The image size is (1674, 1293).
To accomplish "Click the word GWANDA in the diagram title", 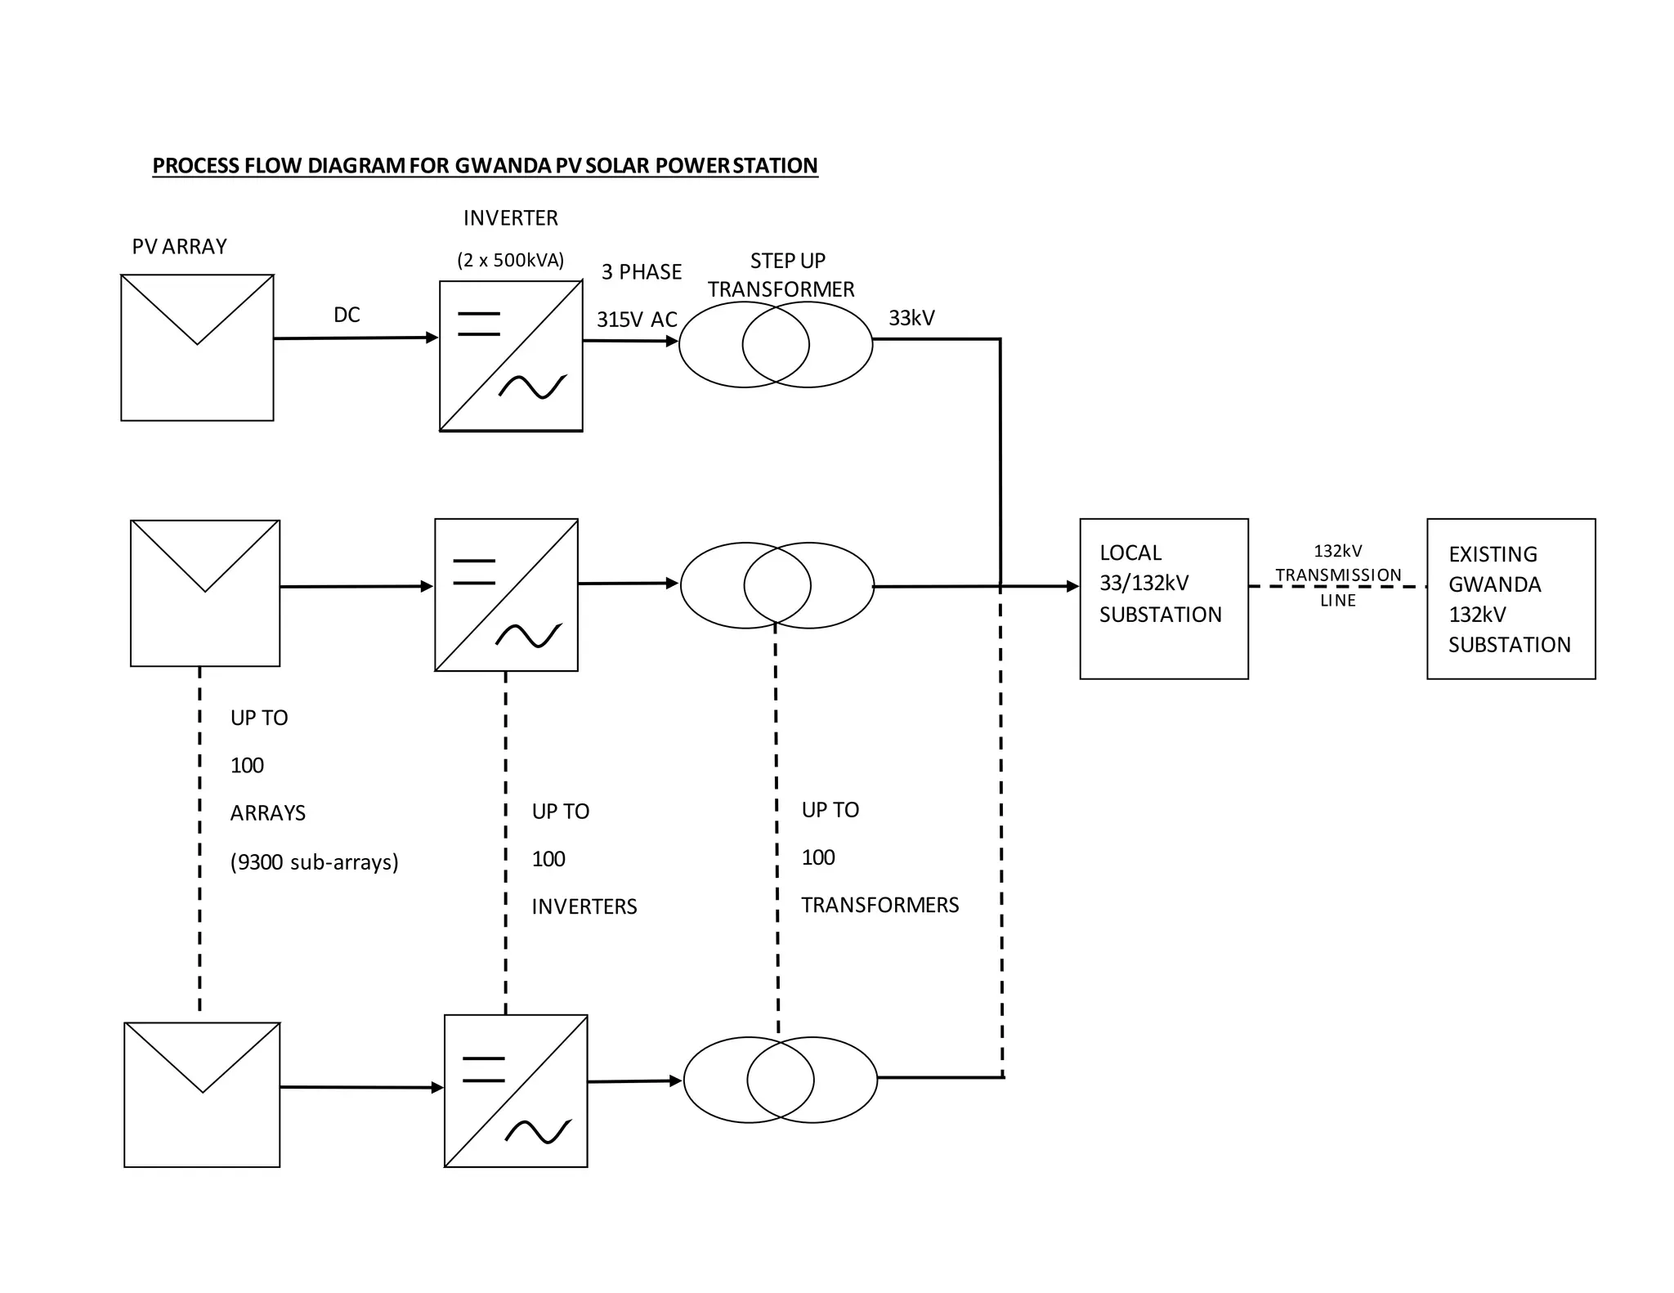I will pos(502,166).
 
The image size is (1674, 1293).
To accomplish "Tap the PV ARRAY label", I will pos(179,247).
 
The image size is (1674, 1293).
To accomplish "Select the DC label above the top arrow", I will pos(347,315).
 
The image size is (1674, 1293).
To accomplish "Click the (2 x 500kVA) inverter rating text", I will pos(510,261).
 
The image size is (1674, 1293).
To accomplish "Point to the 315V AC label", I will pos(637,320).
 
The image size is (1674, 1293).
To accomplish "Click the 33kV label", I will pos(911,318).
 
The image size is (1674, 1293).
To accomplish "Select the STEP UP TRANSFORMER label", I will pos(781,275).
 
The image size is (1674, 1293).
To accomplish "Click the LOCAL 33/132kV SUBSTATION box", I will pos(1163,598).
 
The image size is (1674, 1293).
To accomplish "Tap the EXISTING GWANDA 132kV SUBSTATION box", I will pos(1511,598).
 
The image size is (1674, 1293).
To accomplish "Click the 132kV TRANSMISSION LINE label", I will pos(1338,575).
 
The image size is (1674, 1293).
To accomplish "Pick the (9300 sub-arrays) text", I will pos(315,862).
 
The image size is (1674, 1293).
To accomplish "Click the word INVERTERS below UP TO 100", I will pos(584,907).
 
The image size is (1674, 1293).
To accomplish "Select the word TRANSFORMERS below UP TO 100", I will pos(880,906).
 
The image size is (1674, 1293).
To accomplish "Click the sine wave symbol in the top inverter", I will pos(533,387).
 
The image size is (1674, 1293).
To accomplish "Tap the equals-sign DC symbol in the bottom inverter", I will pos(483,1069).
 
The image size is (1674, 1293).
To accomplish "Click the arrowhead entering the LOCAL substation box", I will pos(1072,586).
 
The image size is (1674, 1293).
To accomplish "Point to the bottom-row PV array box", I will pos(202,1094).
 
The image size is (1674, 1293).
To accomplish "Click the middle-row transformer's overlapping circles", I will pos(777,585).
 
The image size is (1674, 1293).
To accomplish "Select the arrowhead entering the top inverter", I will pos(432,338).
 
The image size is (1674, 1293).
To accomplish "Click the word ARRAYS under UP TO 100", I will pos(267,814).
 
